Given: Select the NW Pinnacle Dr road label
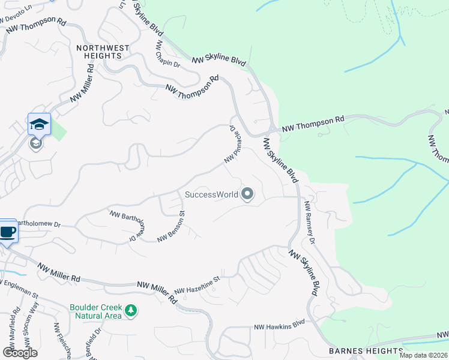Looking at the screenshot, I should coord(234,145).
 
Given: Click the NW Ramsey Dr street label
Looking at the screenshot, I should coord(310,222).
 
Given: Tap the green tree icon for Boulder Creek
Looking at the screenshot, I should coord(131,311).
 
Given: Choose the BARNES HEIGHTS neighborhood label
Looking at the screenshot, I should coord(366,350).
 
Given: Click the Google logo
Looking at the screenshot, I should coord(20,352).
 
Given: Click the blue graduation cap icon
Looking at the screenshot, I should coord(39,124).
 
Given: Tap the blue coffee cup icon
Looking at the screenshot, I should coord(7,231).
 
